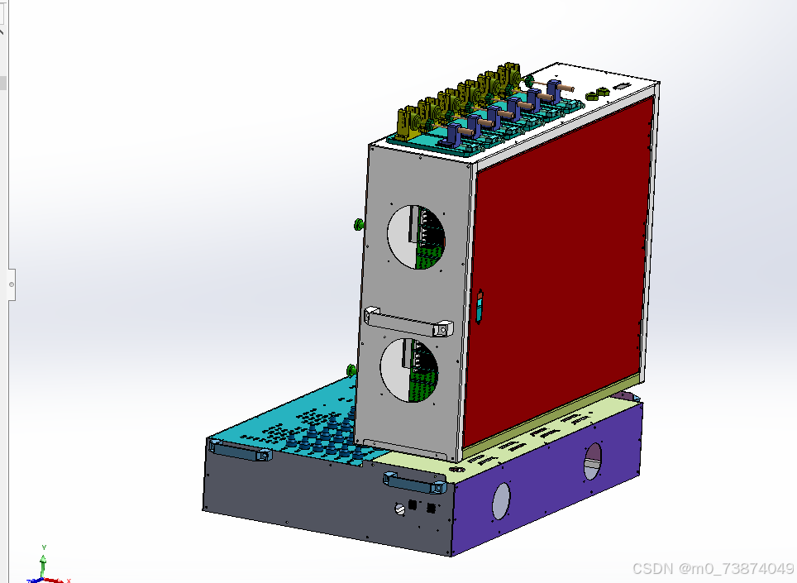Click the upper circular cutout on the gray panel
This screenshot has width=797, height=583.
pos(417,237)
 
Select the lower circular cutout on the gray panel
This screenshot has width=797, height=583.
pos(409,370)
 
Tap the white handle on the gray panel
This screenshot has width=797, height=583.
pos(408,323)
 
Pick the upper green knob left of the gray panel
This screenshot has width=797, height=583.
pos(358,224)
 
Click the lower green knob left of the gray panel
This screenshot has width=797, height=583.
pos(351,370)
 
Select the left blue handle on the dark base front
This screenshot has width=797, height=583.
pos(241,451)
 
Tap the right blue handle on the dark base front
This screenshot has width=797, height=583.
pos(415,482)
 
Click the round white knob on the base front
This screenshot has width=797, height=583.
pos(400,508)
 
